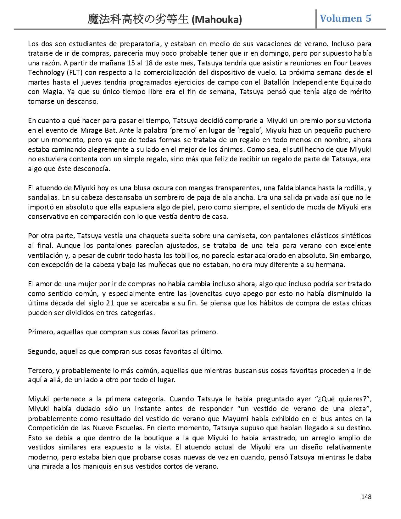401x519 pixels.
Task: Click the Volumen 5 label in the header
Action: (x=345, y=18)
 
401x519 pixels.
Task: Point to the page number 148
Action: (x=366, y=497)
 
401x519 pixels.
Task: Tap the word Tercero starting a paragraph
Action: (x=41, y=371)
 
